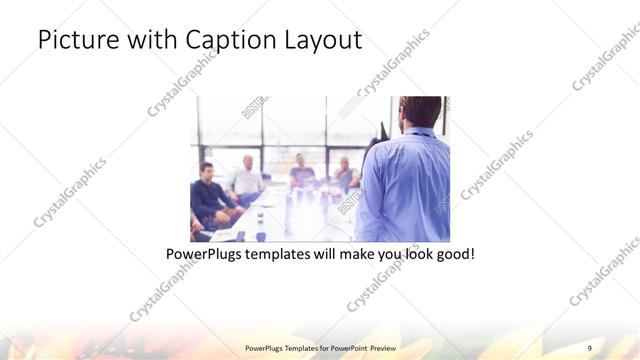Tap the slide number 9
[590, 346]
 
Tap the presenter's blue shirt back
[405, 185]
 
